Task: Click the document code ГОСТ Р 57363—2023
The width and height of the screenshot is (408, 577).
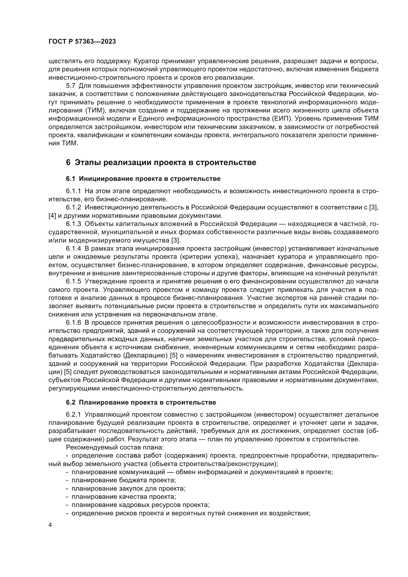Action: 82,42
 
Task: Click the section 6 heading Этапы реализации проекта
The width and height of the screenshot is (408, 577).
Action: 161,162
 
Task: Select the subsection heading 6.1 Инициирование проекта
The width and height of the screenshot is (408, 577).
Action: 143,179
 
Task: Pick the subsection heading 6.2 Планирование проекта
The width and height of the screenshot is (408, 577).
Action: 141,402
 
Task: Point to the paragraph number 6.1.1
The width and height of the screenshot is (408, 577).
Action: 73,191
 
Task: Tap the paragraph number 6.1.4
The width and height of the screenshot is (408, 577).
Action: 73,249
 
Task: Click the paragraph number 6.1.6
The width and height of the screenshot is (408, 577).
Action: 73,323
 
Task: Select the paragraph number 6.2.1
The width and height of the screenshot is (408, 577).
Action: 73,415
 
